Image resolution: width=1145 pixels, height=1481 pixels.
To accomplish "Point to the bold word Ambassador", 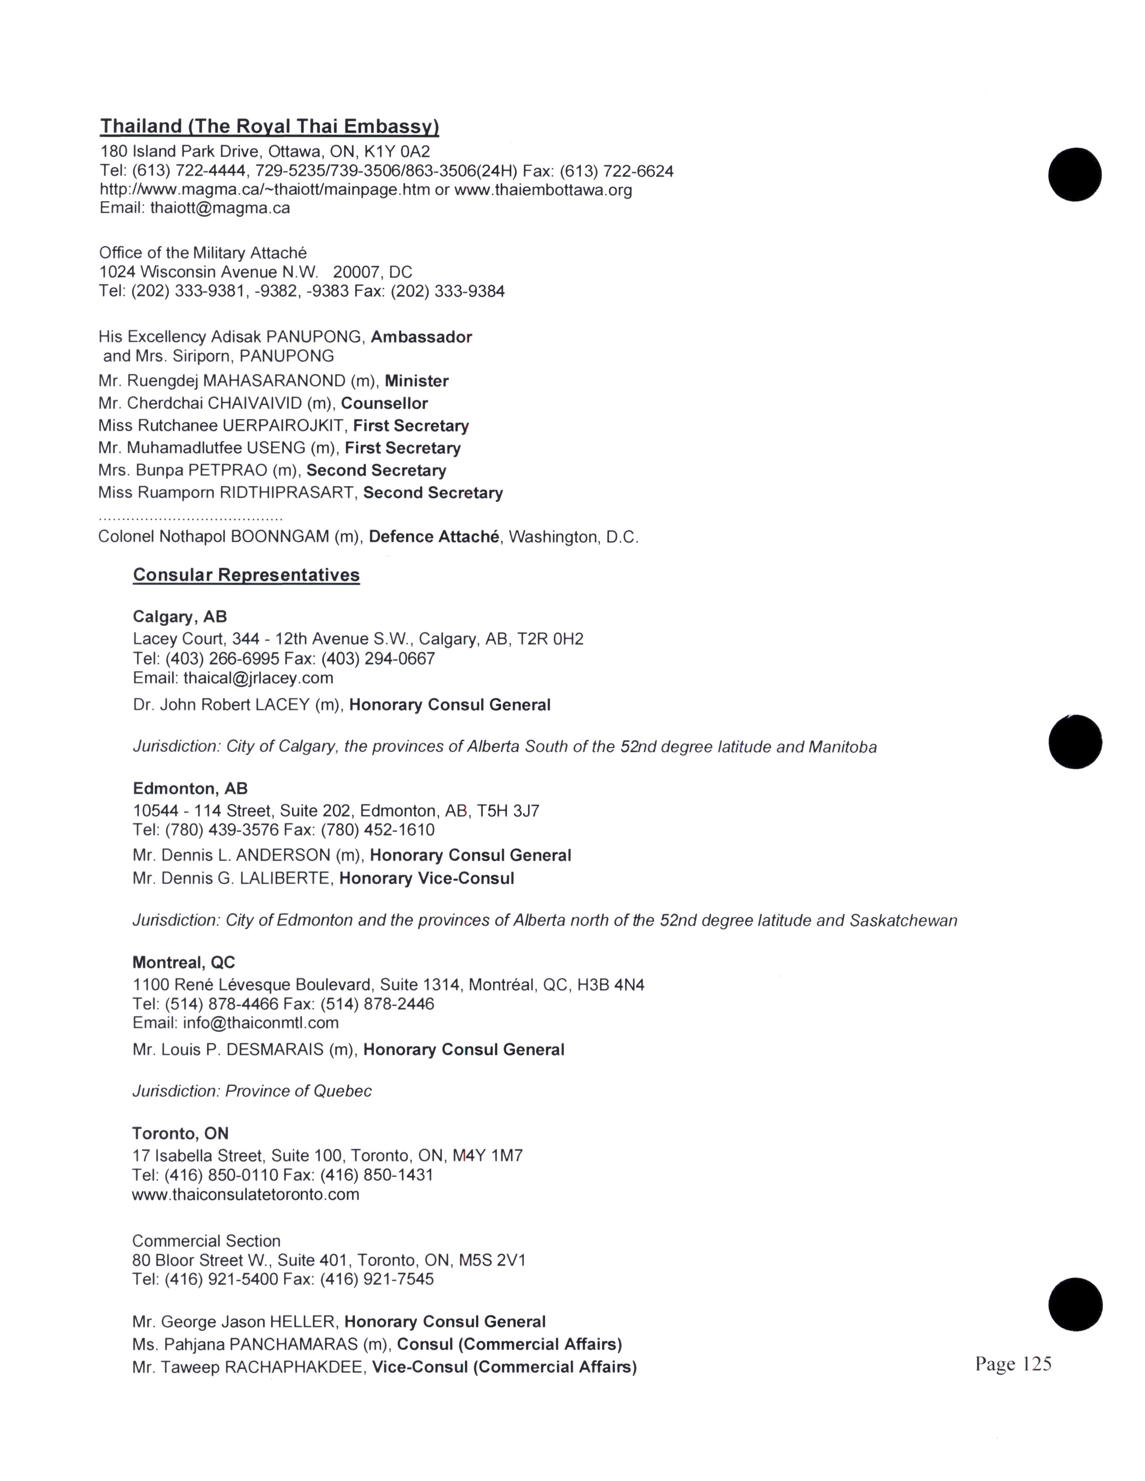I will (421, 337).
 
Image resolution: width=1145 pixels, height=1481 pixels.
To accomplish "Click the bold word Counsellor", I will (384, 403).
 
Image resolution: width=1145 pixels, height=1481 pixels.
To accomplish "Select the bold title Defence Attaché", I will (434, 537).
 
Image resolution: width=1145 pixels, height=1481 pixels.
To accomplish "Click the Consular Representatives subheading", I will (246, 575).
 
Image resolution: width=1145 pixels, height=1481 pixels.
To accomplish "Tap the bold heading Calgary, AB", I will (180, 616).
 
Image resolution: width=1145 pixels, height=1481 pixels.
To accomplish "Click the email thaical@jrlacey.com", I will (258, 678).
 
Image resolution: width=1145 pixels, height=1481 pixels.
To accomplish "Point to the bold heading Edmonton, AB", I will (190, 789).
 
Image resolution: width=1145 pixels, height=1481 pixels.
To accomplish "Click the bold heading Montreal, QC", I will (184, 962).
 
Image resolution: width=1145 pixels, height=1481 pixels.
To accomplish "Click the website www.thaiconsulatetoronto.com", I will (246, 1194).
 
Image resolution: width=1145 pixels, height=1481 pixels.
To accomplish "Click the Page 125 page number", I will (1013, 1364).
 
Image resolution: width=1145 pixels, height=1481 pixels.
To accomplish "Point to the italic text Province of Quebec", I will (299, 1091).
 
